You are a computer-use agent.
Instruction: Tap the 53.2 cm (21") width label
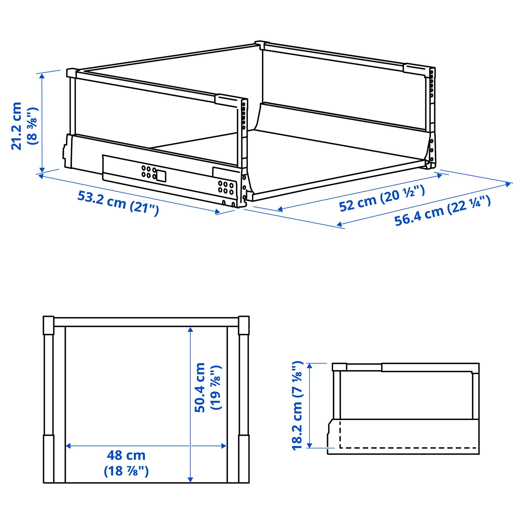118,202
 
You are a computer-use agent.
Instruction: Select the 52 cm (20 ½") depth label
382,198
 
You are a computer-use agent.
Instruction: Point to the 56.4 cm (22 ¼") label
442,211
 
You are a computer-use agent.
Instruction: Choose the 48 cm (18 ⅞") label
126,463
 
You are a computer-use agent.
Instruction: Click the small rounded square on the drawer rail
161,176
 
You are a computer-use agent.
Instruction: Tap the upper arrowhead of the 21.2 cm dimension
42,76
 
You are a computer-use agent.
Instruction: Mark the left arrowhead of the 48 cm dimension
68,446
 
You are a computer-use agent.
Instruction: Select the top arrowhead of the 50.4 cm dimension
191,330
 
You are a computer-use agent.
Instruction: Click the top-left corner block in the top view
48,325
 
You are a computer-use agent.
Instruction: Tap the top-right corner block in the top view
244,325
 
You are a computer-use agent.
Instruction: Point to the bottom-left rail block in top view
48,459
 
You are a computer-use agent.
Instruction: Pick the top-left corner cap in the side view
339,367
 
